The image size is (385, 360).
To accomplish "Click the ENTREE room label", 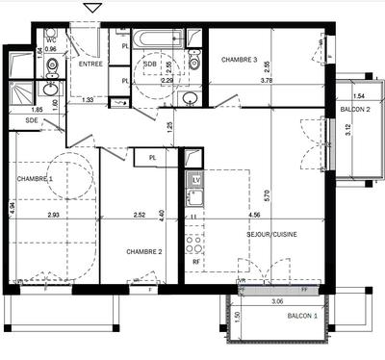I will (x=91, y=64).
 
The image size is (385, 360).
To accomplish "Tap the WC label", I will (x=50, y=39).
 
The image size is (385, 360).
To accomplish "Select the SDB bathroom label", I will (x=150, y=64).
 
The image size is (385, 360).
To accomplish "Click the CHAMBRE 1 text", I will (x=35, y=179).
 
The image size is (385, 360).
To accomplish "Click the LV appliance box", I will (x=194, y=180).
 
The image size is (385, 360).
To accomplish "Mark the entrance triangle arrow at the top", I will (x=92, y=8).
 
